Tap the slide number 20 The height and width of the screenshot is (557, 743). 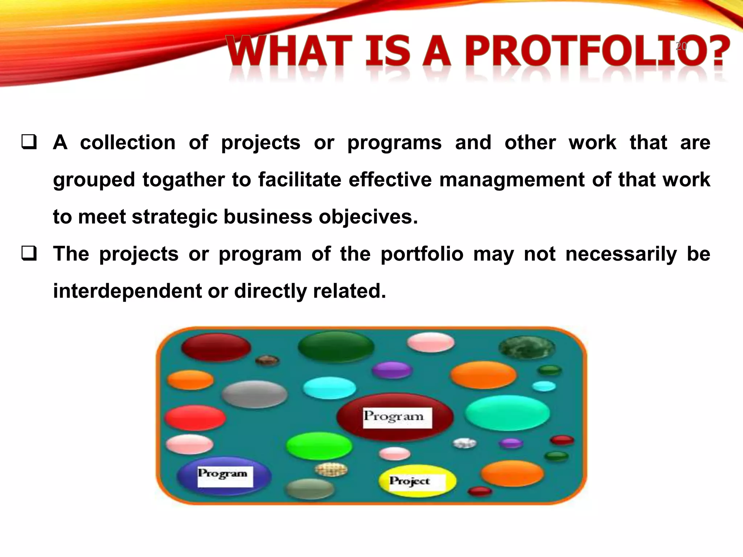tap(681, 46)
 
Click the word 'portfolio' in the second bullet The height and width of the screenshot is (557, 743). tap(422, 254)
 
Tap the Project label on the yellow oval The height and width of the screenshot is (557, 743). tap(410, 482)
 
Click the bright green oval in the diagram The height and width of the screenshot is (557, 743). tap(319, 446)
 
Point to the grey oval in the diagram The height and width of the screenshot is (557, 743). tap(255, 394)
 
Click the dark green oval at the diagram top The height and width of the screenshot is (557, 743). tap(336, 346)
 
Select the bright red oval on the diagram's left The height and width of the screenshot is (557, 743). tap(195, 418)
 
